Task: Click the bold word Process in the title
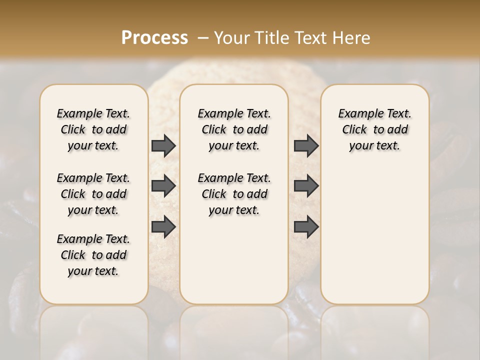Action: (x=154, y=38)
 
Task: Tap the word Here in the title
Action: (x=352, y=38)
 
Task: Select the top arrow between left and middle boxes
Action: (x=163, y=145)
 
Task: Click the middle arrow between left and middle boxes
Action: (x=163, y=186)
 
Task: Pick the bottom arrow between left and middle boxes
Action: (x=163, y=226)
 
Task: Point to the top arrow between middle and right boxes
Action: (x=306, y=145)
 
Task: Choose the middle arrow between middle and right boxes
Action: (x=306, y=186)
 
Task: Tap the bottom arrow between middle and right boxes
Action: (x=306, y=226)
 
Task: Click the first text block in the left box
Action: (x=93, y=129)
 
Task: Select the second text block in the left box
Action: (x=93, y=194)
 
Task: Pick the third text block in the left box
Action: (x=93, y=255)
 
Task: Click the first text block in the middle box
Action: (x=234, y=129)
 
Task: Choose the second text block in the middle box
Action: (x=234, y=194)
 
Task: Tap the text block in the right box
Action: (x=375, y=129)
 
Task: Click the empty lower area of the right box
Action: (x=375, y=235)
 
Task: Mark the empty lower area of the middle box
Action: (x=234, y=260)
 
